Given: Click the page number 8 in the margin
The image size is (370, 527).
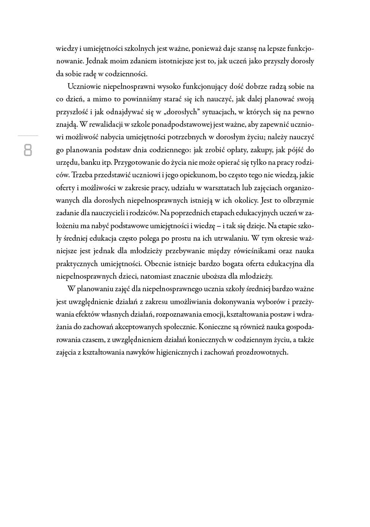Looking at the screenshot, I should coord(28,150).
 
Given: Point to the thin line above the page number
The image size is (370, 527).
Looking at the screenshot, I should coord(28,136).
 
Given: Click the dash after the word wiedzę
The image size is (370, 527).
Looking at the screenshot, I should coord(218,226).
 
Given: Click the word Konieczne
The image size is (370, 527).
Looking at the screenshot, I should coord(215,327).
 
